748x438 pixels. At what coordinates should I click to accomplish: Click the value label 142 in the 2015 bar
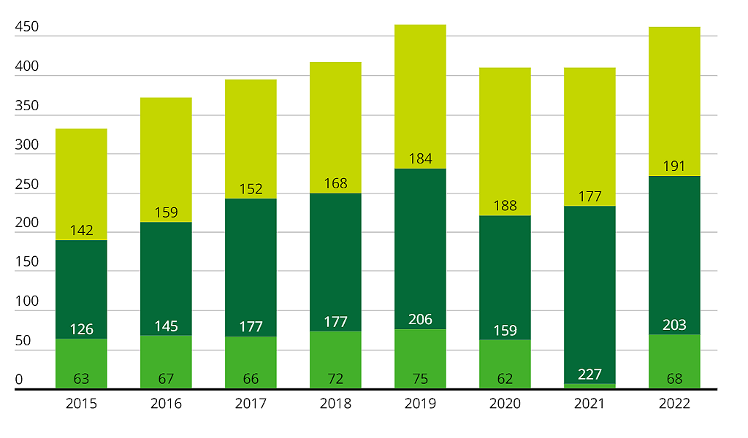pyautogui.click(x=81, y=231)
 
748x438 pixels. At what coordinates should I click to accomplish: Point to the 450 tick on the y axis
pyautogui.click(x=26, y=28)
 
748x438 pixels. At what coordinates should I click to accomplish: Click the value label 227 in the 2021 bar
pyautogui.click(x=589, y=374)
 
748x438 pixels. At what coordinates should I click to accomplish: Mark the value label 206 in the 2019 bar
pyautogui.click(x=420, y=320)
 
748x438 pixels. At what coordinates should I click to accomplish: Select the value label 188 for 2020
pyautogui.click(x=505, y=206)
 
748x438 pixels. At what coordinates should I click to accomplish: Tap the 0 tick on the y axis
pyautogui.click(x=19, y=380)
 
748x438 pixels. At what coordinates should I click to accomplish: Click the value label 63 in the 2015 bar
pyautogui.click(x=81, y=379)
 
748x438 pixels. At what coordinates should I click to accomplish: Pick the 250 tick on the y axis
pyautogui.click(x=26, y=185)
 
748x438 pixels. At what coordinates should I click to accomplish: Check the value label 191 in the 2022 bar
pyautogui.click(x=673, y=166)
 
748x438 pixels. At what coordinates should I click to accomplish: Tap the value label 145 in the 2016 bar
pyautogui.click(x=166, y=326)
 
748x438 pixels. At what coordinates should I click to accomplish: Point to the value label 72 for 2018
pyautogui.click(x=335, y=379)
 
